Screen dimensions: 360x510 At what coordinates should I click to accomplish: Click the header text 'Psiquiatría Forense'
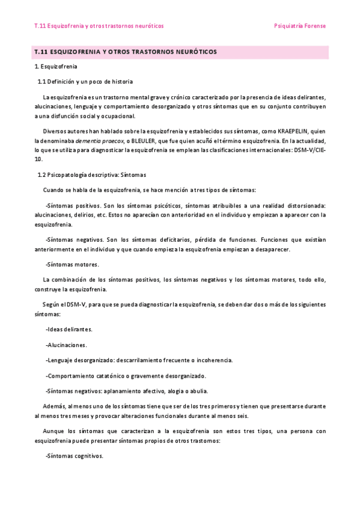299,26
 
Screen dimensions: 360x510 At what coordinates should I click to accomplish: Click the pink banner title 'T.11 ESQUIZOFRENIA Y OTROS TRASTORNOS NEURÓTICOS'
126,52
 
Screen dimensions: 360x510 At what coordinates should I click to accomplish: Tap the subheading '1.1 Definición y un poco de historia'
85,82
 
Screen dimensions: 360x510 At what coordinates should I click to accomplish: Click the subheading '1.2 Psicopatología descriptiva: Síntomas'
91,175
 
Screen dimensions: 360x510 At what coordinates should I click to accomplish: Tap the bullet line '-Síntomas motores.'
72,264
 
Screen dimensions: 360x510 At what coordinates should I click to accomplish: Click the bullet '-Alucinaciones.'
66,345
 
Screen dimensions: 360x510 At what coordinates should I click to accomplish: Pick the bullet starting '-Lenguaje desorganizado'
139,360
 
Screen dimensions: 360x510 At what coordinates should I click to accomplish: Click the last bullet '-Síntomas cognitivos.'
74,455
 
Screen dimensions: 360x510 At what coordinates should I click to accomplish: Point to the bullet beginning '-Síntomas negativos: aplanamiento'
134,391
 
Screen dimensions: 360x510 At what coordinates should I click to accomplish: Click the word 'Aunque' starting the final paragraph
53,431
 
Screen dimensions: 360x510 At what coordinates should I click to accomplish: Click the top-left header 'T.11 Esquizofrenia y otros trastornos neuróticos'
99,26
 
